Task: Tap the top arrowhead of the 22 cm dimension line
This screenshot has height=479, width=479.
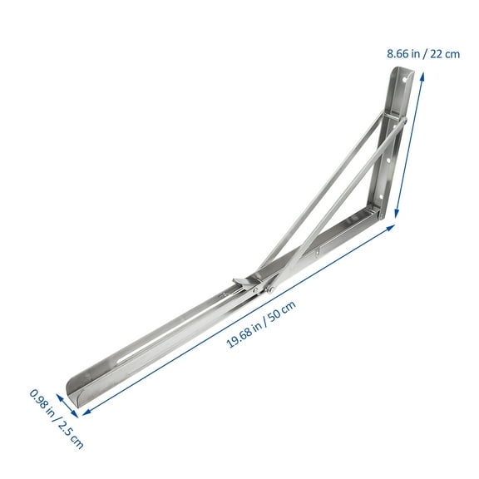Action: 423,74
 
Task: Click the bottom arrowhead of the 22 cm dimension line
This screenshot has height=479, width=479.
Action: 397,218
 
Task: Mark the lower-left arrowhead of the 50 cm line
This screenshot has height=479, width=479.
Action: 84,411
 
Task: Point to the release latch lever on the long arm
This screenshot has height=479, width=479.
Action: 237,283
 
